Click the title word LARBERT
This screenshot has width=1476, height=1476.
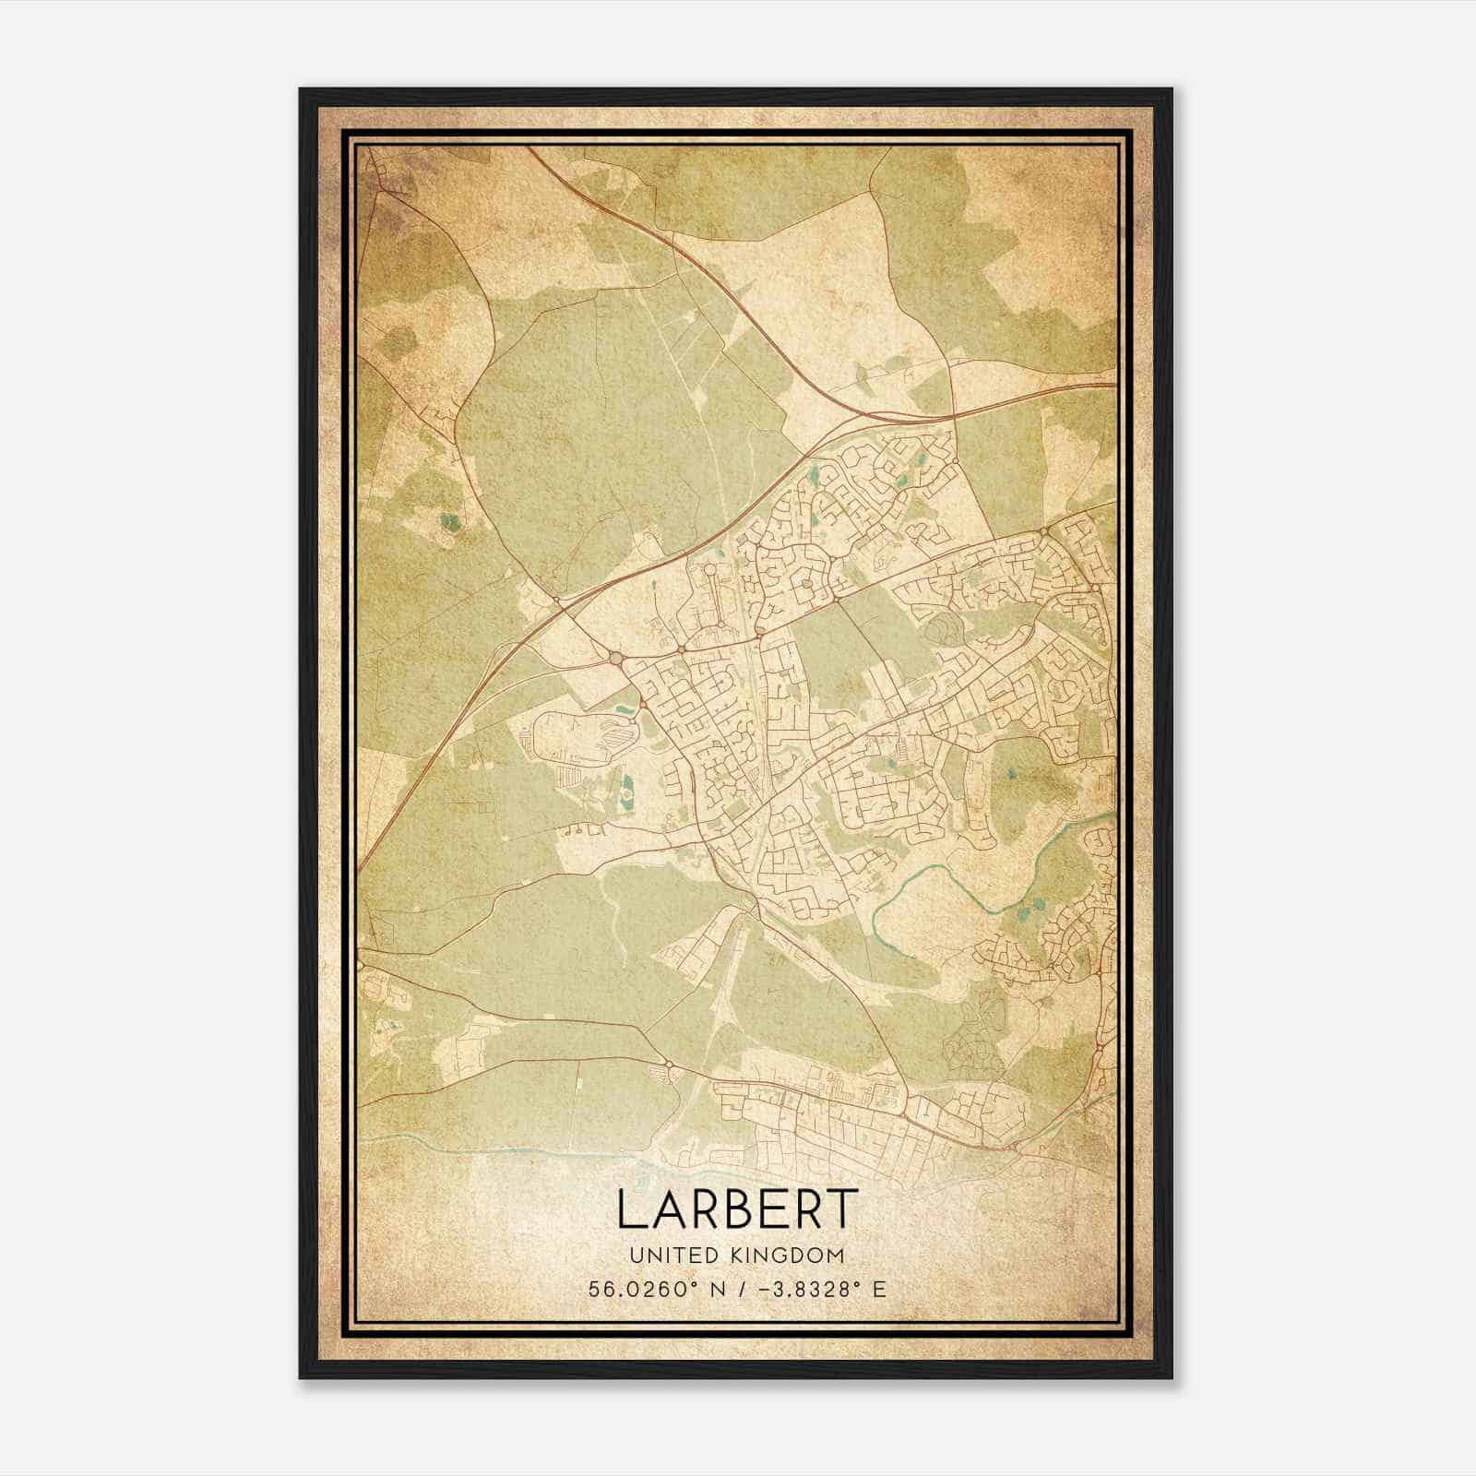click(x=737, y=1209)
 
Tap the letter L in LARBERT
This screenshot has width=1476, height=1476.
click(x=627, y=1209)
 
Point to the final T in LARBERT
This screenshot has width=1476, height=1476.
click(x=845, y=1209)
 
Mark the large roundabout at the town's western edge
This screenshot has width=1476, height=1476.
click(x=615, y=658)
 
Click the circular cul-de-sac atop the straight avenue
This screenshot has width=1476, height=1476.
click(x=709, y=572)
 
